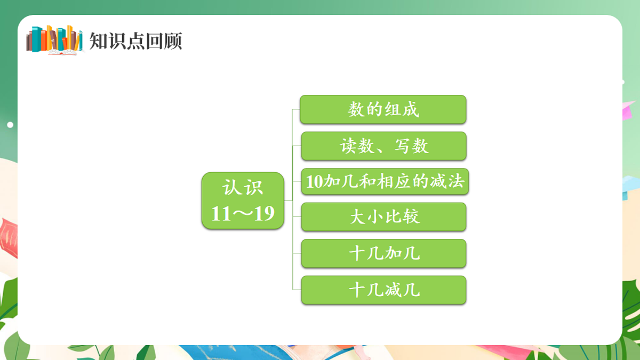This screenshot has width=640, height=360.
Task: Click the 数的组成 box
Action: tap(383, 109)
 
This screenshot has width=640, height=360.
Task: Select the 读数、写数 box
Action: tap(383, 146)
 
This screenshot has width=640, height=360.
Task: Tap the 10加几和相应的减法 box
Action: tap(385, 182)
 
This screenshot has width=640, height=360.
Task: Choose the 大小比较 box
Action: tap(383, 217)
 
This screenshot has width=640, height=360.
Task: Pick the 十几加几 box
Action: tap(383, 253)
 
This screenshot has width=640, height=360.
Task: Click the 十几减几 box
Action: tap(383, 290)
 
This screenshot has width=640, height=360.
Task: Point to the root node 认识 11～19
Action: tap(243, 201)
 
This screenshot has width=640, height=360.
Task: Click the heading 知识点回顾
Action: tap(135, 41)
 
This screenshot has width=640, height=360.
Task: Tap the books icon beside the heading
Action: tap(54, 39)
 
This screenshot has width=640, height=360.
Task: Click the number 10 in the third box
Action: tap(314, 182)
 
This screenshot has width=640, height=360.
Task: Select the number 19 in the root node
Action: tap(264, 214)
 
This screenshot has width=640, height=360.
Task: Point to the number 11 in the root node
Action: tap(221, 214)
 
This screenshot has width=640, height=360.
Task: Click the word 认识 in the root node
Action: tap(243, 188)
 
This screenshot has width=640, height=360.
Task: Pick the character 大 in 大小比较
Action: tap(357, 217)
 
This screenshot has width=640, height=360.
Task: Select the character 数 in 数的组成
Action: tap(356, 109)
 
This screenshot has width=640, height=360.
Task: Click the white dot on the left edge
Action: tap(10, 125)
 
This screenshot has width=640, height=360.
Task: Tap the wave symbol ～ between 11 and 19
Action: tap(243, 214)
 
